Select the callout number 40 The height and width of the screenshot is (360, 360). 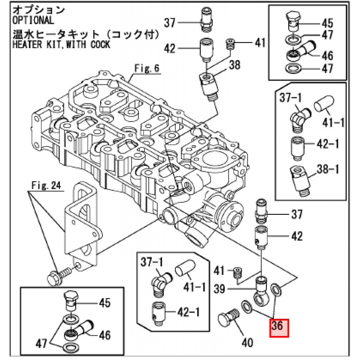pos(248,342)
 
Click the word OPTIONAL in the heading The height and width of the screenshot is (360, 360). pos(33,20)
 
